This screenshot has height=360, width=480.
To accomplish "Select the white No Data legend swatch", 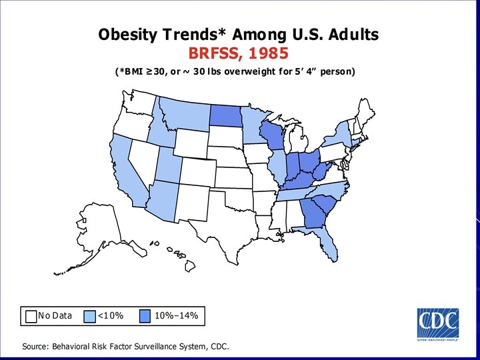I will [x=31, y=315].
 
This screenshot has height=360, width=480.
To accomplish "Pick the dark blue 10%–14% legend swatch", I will [x=146, y=315].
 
